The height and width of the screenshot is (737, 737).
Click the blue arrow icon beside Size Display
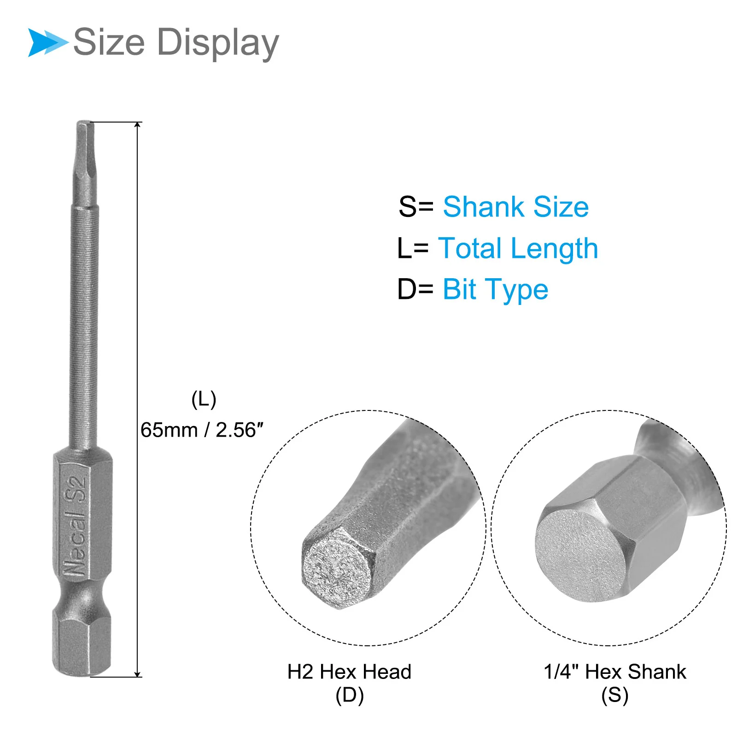pos(48,42)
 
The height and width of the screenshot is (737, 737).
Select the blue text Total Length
pos(518,249)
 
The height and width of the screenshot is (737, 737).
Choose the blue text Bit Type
pos(495,290)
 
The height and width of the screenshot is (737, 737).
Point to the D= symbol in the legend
pos(415,290)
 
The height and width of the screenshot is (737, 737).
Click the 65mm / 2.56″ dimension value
pos(202,430)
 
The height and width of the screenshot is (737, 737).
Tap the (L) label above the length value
pos(204,400)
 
